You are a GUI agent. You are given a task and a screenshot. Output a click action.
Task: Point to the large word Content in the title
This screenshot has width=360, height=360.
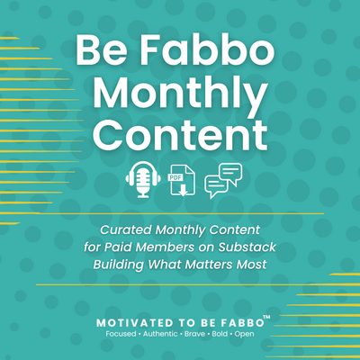(x=180, y=134)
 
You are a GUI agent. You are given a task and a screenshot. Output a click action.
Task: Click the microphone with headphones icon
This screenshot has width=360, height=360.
(x=143, y=179)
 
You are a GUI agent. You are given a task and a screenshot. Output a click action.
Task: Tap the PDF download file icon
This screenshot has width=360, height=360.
(x=182, y=180)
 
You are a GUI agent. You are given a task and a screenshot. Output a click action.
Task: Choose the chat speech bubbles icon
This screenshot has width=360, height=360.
(x=223, y=181)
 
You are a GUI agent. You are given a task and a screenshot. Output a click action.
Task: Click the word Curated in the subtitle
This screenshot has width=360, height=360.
(x=126, y=230)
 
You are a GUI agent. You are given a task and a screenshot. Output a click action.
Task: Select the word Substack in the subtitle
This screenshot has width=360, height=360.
(x=247, y=247)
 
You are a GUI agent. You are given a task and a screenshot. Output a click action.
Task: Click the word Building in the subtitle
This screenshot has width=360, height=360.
(x=119, y=265)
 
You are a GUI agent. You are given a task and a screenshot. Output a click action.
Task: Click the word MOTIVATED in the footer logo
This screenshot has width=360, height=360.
(x=135, y=323)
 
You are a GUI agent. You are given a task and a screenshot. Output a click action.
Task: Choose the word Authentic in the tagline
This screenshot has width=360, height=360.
(x=160, y=334)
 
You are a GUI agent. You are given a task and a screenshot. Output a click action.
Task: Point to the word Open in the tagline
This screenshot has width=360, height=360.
(x=245, y=334)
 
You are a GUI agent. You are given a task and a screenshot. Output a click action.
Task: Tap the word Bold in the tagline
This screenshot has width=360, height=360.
(x=220, y=334)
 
